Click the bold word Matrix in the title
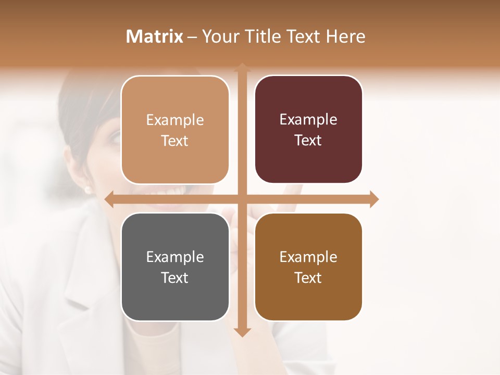tap(155, 36)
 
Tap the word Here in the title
tap(345, 36)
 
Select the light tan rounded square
tap(175, 130)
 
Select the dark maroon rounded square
tap(308, 129)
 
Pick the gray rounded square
tap(175, 267)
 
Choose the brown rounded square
tap(308, 267)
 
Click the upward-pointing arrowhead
tap(242, 67)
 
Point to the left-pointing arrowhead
tap(109, 199)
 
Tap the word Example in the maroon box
tap(308, 120)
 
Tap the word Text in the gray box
tap(174, 278)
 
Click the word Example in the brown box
tap(308, 257)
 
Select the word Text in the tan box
tap(174, 141)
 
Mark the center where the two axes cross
tap(242, 199)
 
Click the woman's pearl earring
tap(87, 189)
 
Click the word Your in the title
tap(219, 36)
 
